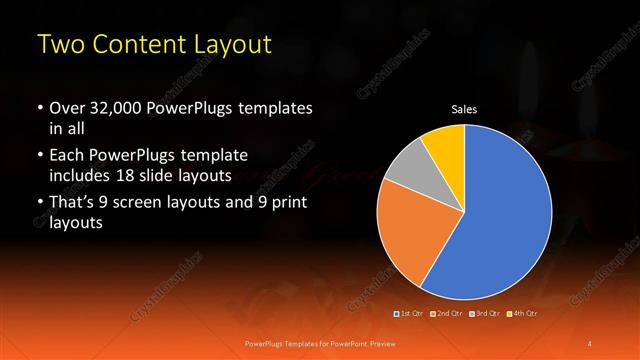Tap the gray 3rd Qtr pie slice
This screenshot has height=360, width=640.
point(406,170)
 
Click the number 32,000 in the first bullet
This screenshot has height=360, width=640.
point(114,108)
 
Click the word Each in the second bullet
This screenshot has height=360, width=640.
point(67,156)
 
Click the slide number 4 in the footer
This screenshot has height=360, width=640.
point(590,344)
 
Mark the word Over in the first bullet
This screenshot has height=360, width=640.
point(67,108)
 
